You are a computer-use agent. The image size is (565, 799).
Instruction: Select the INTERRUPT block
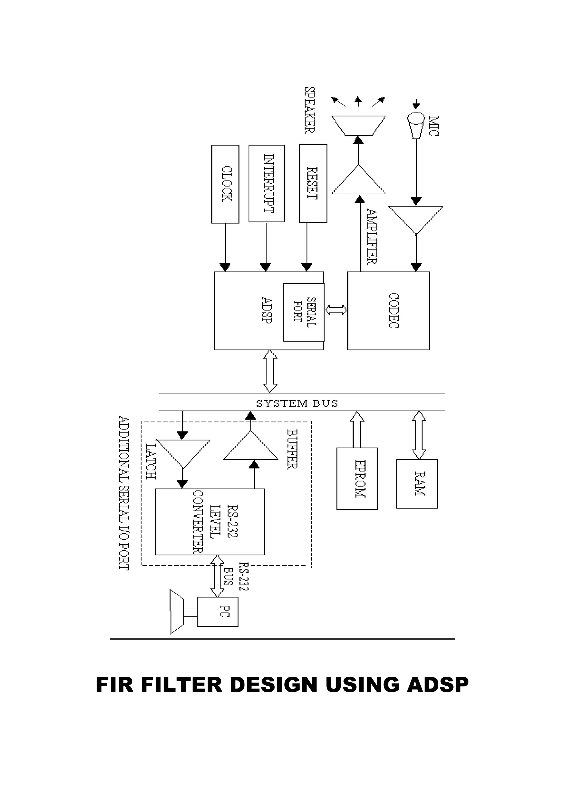click(x=266, y=183)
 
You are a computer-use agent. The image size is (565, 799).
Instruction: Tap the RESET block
click(x=313, y=183)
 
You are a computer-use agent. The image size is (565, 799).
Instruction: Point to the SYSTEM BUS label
click(x=297, y=403)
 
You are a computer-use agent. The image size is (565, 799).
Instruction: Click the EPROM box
click(x=357, y=479)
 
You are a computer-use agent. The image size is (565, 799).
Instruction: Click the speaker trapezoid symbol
click(x=358, y=126)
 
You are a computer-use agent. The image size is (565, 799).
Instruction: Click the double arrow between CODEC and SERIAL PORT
click(x=336, y=310)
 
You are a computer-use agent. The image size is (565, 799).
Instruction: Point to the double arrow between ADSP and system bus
click(x=270, y=371)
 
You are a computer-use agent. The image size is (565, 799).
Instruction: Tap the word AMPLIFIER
click(x=372, y=237)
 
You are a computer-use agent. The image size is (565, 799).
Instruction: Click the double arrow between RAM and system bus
click(x=419, y=435)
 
